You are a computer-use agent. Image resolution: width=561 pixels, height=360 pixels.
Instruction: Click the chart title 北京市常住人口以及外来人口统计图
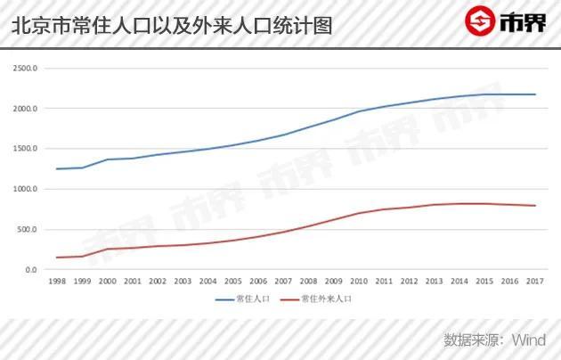tap(173, 25)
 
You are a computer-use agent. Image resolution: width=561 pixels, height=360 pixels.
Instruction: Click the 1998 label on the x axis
tap(57, 282)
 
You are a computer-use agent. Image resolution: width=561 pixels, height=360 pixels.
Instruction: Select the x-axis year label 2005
tap(232, 282)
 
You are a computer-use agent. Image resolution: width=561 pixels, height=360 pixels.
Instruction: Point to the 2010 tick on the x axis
tap(359, 282)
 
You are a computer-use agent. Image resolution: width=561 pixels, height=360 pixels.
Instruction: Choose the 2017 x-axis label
tap(534, 282)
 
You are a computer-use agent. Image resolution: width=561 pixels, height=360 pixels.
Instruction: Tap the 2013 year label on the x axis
tap(434, 282)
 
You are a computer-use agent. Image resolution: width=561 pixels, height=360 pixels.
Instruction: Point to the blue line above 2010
tap(359, 111)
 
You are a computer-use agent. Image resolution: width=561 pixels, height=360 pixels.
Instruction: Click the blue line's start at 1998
tap(57, 169)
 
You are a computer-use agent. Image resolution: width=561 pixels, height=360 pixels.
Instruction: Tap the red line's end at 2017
tap(534, 206)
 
